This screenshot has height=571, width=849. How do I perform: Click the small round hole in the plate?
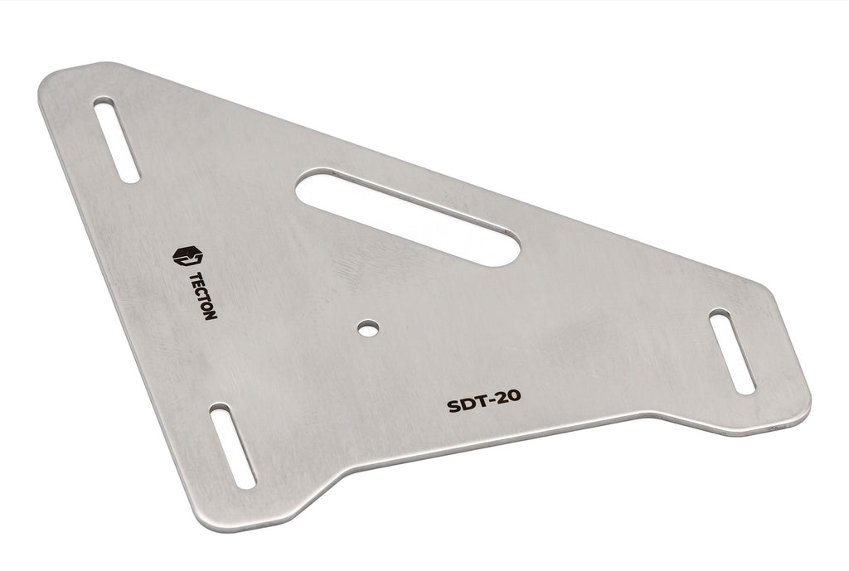click(x=367, y=327)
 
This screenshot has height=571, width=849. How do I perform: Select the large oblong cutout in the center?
click(x=408, y=216)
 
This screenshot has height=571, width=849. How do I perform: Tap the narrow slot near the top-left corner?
click(x=116, y=139)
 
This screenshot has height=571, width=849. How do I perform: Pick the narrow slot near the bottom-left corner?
click(x=232, y=445)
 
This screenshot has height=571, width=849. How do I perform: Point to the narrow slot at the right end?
click(x=731, y=351)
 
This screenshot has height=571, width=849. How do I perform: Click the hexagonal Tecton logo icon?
click(x=187, y=255)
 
